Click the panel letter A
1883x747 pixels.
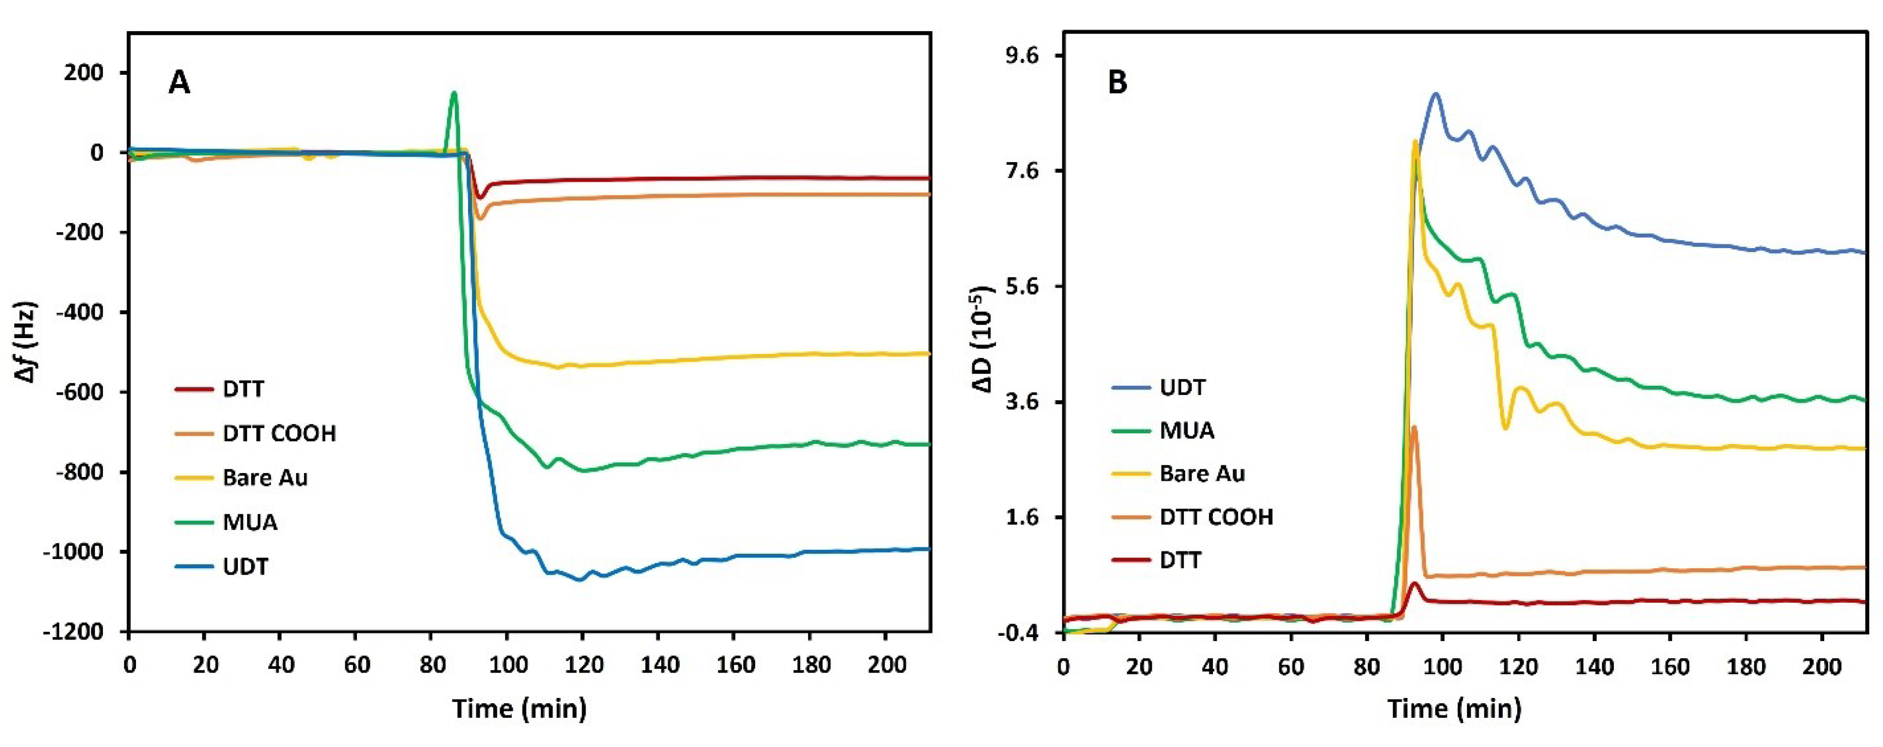(179, 83)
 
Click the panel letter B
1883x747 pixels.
(1118, 83)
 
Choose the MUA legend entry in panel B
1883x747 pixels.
(1186, 430)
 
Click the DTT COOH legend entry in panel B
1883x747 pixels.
(1216, 517)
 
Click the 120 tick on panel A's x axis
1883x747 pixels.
(584, 665)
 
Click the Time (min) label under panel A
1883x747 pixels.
(519, 708)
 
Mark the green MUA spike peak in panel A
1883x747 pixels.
(454, 93)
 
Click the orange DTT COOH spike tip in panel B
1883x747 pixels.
(1414, 427)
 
